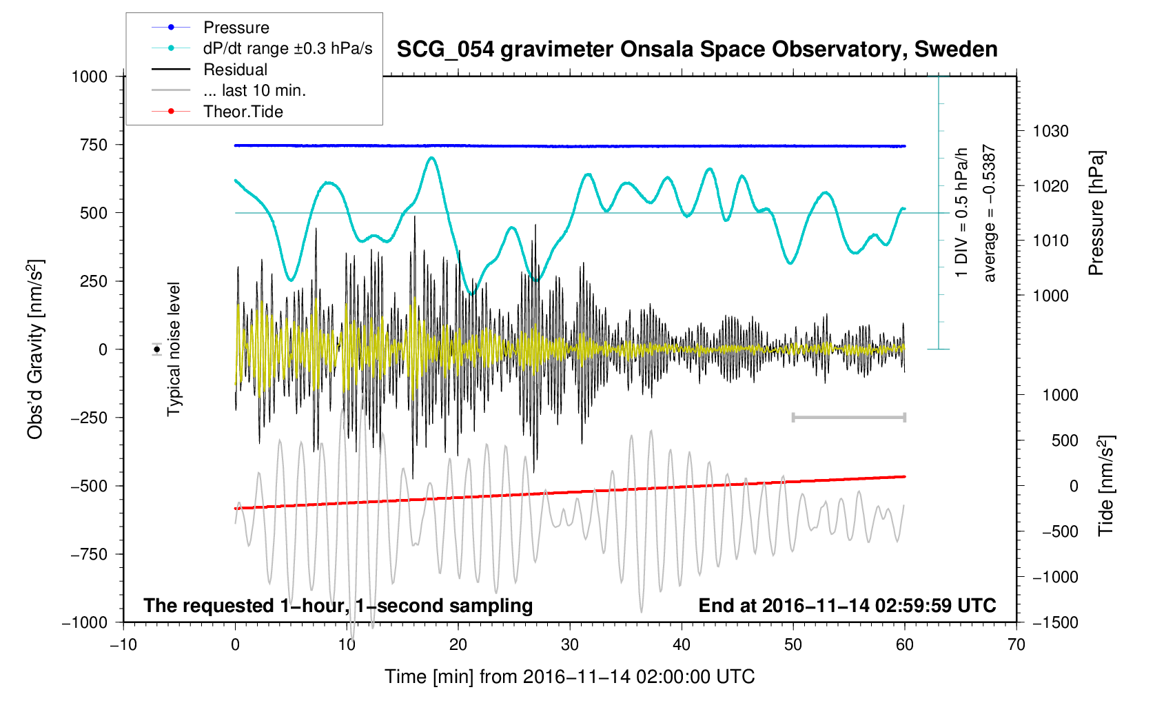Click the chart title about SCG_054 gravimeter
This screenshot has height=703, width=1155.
[x=697, y=50]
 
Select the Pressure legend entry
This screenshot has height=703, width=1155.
[x=236, y=28]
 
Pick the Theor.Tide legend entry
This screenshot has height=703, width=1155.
[x=243, y=112]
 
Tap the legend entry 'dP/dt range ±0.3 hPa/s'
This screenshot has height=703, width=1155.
[x=287, y=48]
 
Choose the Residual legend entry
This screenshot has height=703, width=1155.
[x=235, y=70]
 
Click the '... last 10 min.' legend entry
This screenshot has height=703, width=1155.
[x=254, y=90]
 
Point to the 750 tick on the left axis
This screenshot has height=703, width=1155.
[x=94, y=145]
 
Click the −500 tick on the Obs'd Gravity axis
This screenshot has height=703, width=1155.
[x=90, y=486]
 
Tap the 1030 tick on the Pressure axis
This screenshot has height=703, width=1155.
[x=1050, y=131]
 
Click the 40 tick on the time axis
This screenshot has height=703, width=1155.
[x=682, y=645]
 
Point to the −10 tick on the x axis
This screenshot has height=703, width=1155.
[x=123, y=645]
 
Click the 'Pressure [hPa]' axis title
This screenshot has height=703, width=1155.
[x=1096, y=214]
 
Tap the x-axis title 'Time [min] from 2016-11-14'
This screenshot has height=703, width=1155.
[x=569, y=677]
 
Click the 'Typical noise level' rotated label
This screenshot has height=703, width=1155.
[x=174, y=349]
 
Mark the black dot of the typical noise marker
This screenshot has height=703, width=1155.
[x=157, y=349]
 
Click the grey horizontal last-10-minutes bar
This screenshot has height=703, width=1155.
[x=849, y=417]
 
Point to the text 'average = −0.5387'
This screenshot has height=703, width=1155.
[x=990, y=214]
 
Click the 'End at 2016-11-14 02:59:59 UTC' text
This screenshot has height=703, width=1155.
[x=847, y=606]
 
